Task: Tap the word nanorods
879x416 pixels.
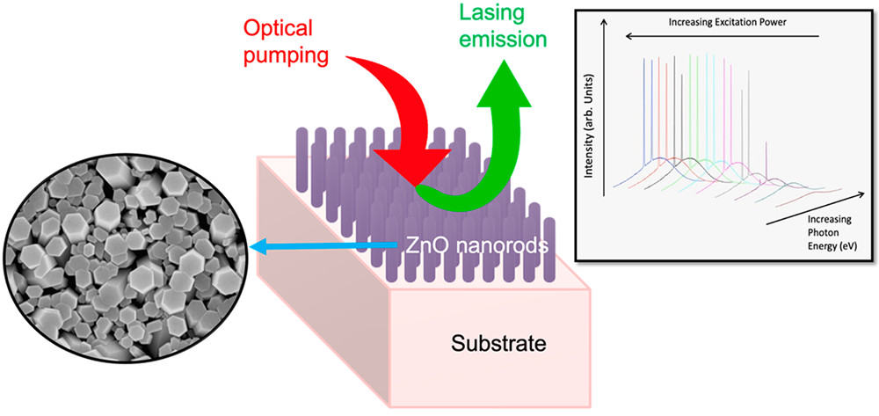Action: [506, 244]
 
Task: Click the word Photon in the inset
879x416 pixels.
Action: [819, 226]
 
